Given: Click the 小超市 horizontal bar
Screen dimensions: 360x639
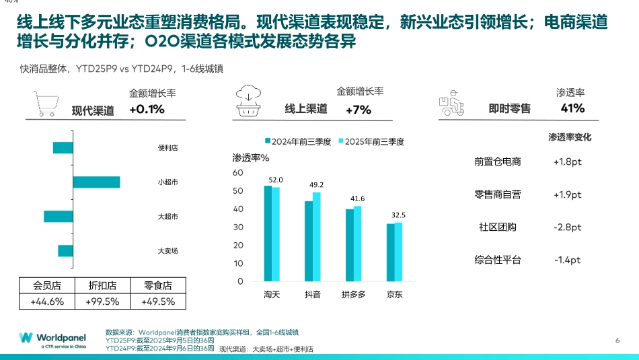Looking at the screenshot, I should click(96, 182).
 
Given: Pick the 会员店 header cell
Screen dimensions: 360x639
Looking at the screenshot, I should click(47, 285).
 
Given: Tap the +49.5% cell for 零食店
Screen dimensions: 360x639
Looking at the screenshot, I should click(159, 301).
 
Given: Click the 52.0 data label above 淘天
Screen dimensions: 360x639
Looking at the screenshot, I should click(276, 180).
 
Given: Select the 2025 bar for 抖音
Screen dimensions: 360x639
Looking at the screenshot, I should click(317, 236).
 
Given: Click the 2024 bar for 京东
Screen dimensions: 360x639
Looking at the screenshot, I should click(391, 252).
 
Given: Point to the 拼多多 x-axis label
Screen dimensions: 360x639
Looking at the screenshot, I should click(353, 294).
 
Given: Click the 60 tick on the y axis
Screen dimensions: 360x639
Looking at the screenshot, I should click(237, 173).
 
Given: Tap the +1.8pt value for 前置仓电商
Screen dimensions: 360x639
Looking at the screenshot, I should click(567, 161).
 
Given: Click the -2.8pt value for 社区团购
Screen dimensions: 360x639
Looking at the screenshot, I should click(567, 227).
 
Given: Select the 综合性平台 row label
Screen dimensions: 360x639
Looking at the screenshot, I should click(498, 260).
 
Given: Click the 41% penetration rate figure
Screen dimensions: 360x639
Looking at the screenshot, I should click(572, 108).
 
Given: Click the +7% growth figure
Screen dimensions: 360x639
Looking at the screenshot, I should click(359, 110).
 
